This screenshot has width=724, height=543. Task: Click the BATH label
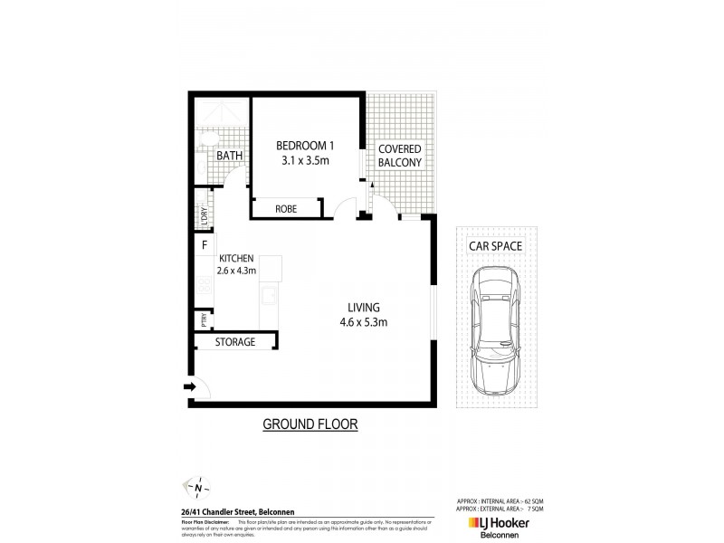point(229,157)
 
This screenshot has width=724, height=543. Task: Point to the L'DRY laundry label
point(203,218)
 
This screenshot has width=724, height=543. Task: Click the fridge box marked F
point(205,245)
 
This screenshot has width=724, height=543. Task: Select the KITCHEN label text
point(233,257)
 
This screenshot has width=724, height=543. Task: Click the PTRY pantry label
point(203,319)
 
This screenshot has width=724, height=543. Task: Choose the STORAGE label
point(234,342)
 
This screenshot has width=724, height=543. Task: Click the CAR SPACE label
point(493,246)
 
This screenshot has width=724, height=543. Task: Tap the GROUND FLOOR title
point(310,423)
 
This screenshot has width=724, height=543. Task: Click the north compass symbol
point(197,488)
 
